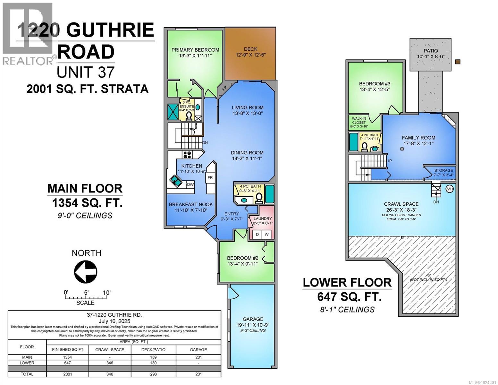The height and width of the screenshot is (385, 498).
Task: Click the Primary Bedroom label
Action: tap(195, 50)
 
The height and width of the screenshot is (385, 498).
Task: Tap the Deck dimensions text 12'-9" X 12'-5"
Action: tap(250, 55)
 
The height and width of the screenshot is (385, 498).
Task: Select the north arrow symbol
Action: tap(86, 271)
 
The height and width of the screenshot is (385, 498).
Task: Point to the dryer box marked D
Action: tap(257, 235)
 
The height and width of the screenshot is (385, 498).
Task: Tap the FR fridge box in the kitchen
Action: tap(210, 177)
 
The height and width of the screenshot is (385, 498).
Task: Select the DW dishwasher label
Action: tap(190, 184)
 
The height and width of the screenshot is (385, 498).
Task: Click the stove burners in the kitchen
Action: tap(187, 154)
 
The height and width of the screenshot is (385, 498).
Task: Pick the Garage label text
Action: tap(253, 319)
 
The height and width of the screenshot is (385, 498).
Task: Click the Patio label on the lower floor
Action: tap(430, 51)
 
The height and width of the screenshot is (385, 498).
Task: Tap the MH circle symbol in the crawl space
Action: tap(450, 189)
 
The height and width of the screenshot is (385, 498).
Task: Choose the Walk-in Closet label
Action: tap(359, 120)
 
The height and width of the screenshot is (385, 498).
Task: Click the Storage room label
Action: tap(443, 170)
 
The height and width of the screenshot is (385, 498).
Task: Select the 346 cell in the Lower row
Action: tap(110, 363)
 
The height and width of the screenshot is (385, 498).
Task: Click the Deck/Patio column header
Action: tap(153, 349)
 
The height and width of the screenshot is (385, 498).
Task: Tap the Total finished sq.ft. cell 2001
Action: tap(68, 374)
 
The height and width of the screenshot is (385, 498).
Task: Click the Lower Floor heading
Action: tap(347, 283)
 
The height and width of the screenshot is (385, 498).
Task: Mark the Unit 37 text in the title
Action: tap(85, 72)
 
